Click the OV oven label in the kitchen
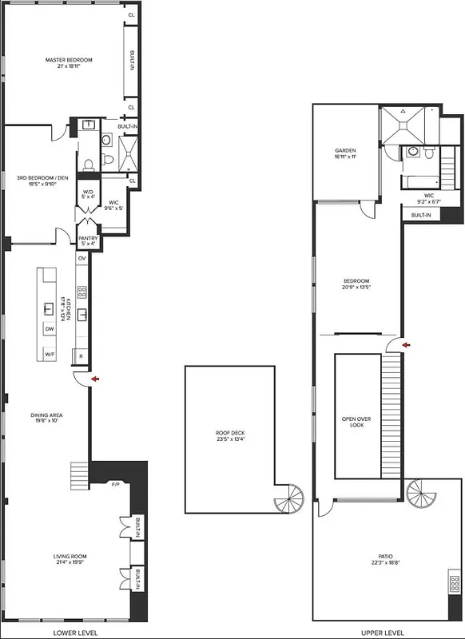click(81, 259)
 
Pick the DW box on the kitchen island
click(50, 329)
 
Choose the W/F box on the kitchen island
click(50, 354)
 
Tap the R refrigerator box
click(81, 355)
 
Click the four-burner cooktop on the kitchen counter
click(81, 292)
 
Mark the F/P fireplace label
click(114, 484)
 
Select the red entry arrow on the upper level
click(407, 345)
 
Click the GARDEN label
click(345, 154)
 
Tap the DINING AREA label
click(47, 419)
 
